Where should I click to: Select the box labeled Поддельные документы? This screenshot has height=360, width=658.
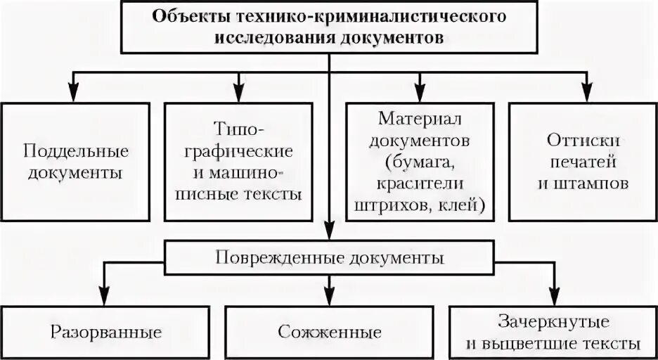[x=75, y=162]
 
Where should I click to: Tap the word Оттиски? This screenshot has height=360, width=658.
[x=576, y=140]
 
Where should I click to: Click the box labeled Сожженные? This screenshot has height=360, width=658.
[x=329, y=331]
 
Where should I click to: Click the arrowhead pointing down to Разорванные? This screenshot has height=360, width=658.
[x=105, y=299]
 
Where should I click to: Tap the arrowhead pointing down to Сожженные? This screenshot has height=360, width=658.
[x=329, y=299]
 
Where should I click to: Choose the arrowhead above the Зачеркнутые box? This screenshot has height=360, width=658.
[x=553, y=299]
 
